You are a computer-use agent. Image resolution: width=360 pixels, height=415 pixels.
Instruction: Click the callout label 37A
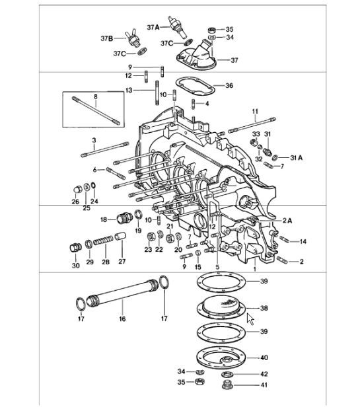152,28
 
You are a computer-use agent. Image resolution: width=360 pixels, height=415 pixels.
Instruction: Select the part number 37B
108,38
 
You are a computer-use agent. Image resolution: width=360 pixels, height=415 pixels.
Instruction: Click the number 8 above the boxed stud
95,96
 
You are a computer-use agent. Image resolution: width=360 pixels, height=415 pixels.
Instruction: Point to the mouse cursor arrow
250,319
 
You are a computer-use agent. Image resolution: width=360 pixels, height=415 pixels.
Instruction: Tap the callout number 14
303,242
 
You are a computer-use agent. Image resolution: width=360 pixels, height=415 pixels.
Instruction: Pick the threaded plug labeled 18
124,219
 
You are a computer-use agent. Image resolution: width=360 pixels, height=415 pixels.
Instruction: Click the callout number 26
75,202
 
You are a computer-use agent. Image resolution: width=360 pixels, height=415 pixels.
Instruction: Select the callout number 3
94,140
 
